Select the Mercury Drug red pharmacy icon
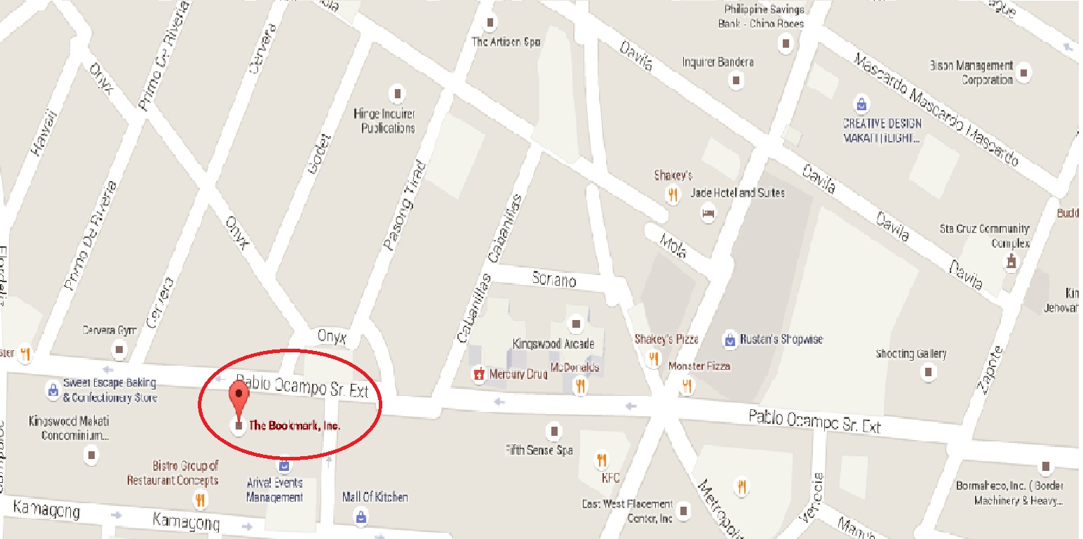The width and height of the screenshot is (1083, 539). click(479, 374)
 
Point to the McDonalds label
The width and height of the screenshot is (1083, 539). click(574, 367)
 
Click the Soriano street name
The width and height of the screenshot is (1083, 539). click(554, 281)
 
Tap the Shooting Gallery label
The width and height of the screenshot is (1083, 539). click(911, 354)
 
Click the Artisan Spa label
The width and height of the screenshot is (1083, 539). click(506, 42)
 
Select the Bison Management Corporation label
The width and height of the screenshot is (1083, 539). click(971, 72)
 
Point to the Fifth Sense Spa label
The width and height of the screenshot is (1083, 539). click(539, 451)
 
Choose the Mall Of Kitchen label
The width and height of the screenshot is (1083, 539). click(375, 497)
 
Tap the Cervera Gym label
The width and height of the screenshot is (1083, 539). click(109, 330)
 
